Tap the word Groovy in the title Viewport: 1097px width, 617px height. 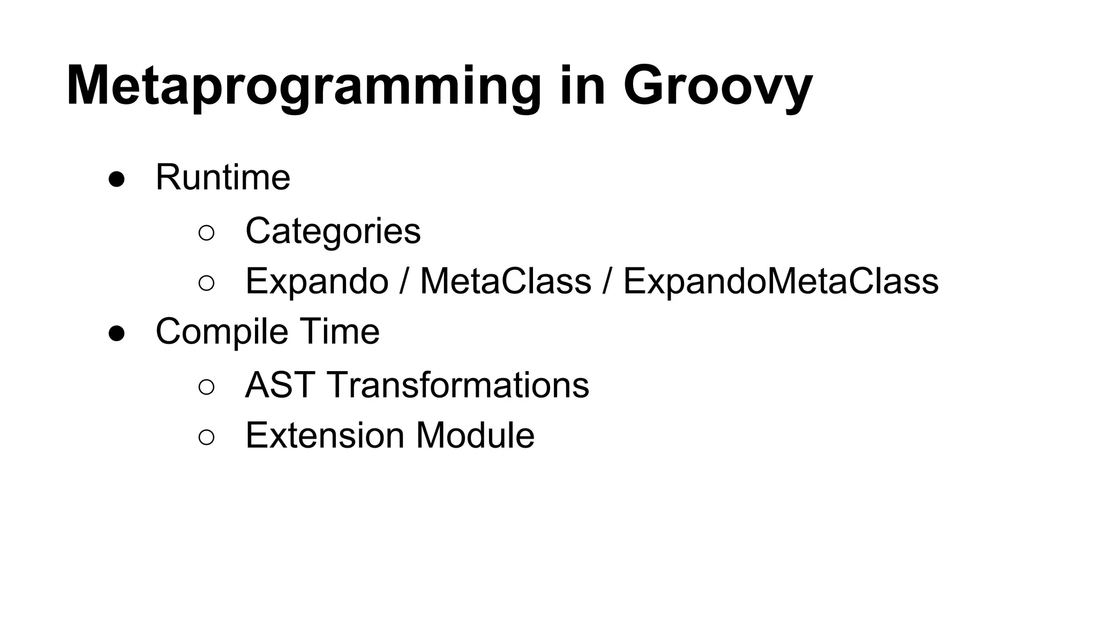[718, 87]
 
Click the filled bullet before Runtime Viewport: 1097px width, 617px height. [117, 180]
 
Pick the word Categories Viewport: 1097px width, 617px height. [333, 231]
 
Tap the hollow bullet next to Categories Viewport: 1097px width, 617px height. [206, 233]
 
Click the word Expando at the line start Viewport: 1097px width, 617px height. [317, 282]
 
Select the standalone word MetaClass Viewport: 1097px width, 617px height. [505, 281]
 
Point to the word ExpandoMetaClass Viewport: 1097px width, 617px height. [780, 281]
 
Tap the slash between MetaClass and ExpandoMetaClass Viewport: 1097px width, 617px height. [607, 281]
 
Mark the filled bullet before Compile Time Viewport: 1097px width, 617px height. [117, 334]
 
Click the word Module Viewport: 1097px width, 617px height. [475, 435]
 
